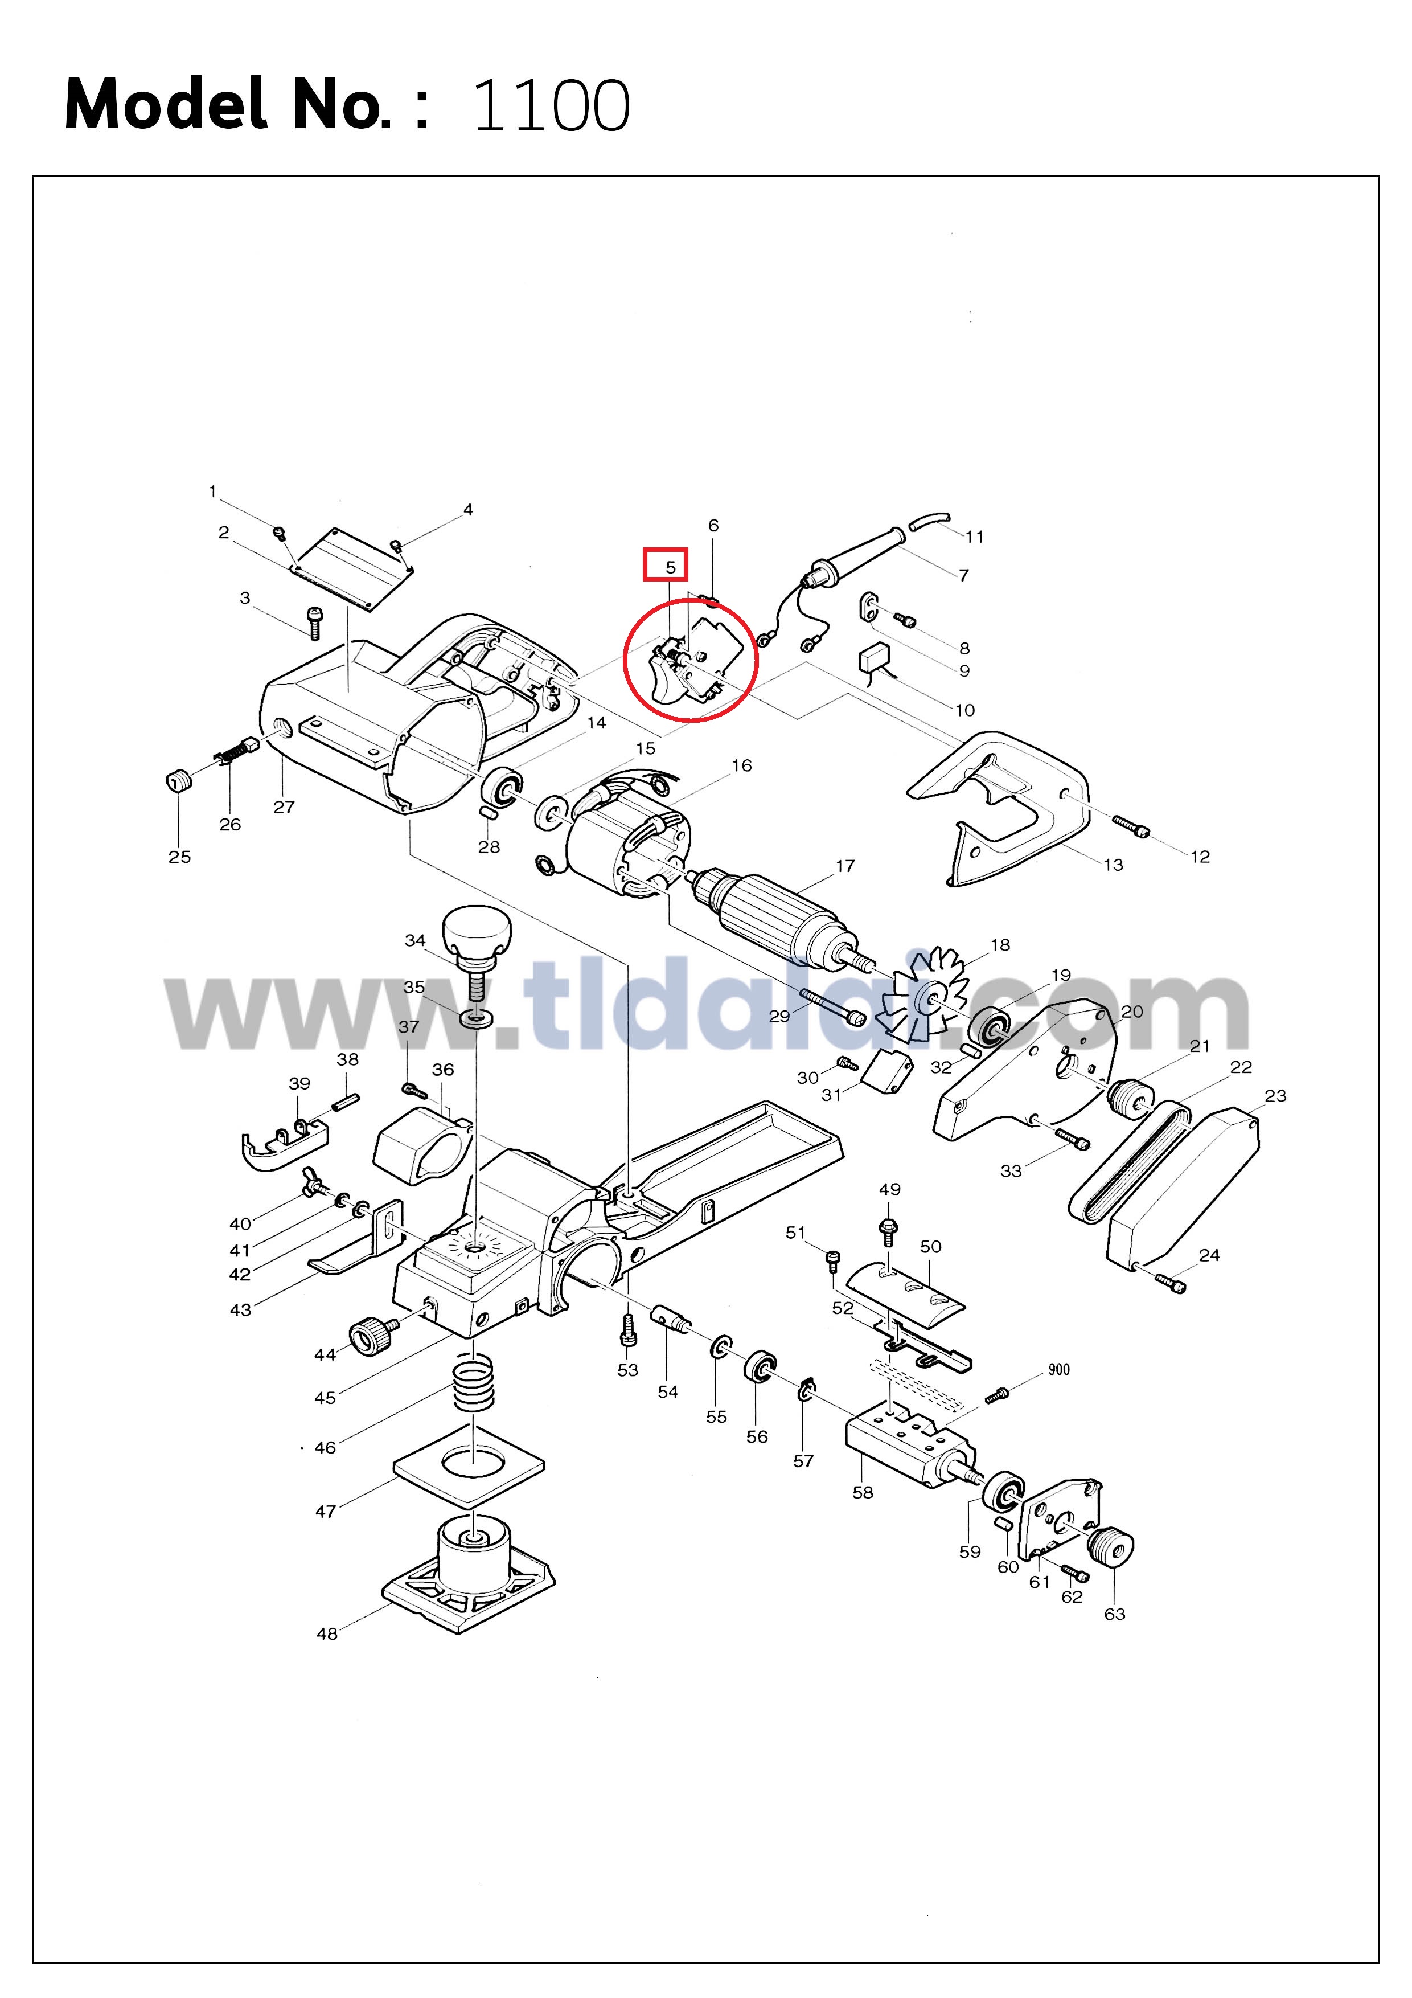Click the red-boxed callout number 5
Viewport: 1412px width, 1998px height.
tap(670, 567)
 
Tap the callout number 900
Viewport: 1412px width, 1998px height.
tap(1059, 1370)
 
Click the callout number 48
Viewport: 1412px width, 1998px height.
tap(327, 1633)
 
